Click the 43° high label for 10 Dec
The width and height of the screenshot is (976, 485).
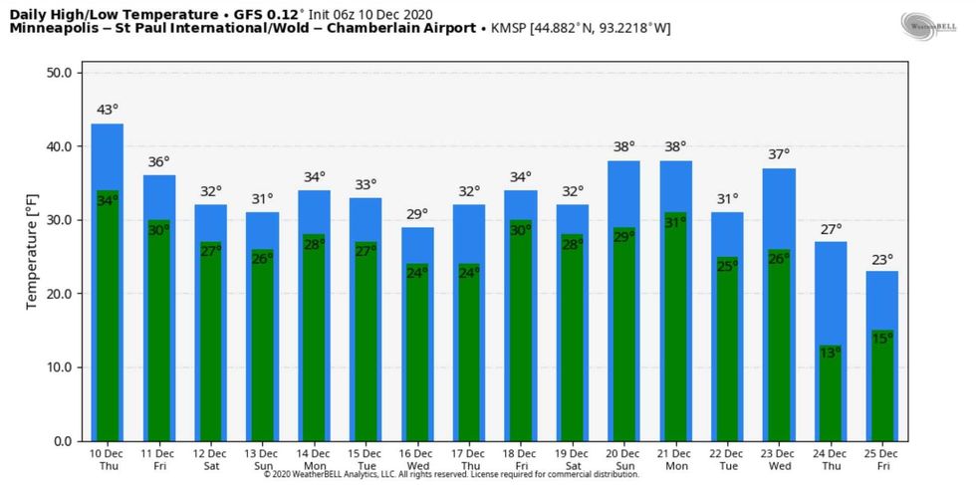(x=108, y=110)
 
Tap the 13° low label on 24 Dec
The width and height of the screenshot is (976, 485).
(x=831, y=353)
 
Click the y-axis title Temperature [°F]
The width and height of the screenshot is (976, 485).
(x=32, y=257)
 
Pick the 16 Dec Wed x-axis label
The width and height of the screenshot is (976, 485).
(x=417, y=458)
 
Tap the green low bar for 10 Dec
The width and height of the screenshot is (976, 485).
(x=108, y=319)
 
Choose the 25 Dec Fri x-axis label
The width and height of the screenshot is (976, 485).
(x=882, y=458)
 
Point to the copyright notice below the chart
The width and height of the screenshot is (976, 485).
(x=451, y=475)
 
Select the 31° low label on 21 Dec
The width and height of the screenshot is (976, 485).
(x=675, y=222)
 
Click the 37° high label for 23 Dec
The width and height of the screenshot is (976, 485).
(x=779, y=154)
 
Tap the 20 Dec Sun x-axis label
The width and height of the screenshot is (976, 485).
(x=624, y=458)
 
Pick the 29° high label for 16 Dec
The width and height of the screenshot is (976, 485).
(x=417, y=213)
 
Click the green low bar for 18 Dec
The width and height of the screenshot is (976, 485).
(x=521, y=334)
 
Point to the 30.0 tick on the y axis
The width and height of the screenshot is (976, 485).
(x=58, y=220)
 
